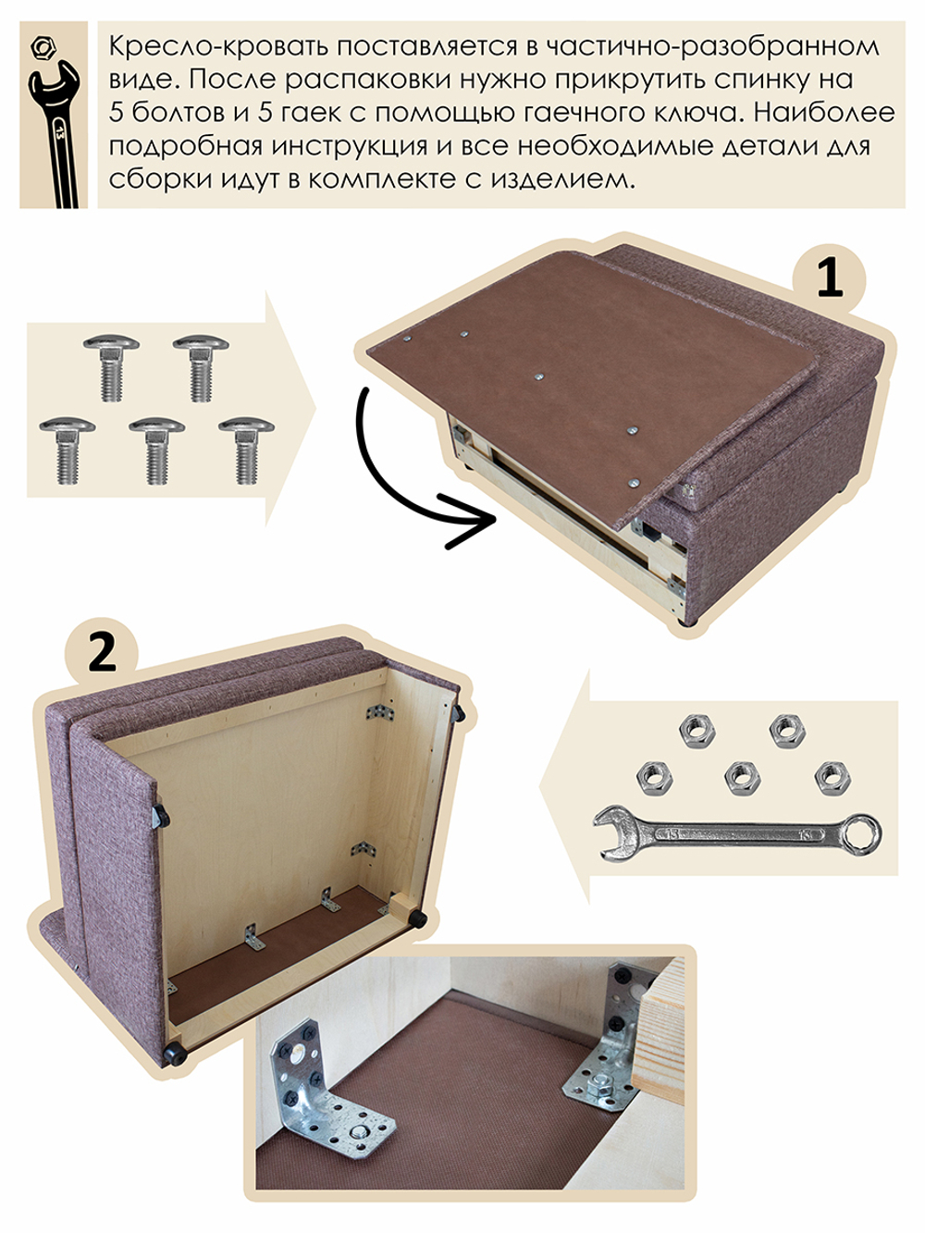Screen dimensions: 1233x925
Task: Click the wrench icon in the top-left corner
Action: [54, 129]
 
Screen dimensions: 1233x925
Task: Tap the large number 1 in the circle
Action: [830, 277]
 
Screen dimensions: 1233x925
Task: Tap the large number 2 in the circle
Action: [102, 653]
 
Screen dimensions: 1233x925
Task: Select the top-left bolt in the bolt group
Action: [111, 365]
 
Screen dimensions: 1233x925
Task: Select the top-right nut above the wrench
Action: [787, 730]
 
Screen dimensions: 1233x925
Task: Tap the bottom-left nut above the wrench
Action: [654, 777]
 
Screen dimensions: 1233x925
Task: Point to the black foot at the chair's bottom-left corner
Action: [172, 1052]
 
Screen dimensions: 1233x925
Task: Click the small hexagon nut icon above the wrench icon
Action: [42, 45]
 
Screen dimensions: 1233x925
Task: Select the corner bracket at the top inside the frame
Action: [376, 713]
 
